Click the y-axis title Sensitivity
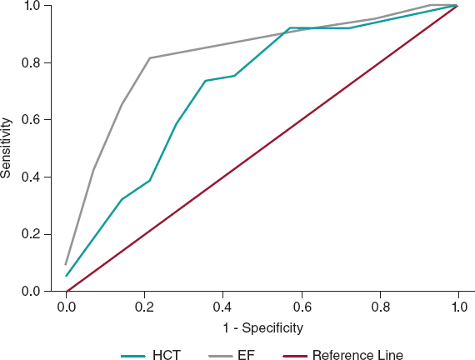click(x=7, y=148)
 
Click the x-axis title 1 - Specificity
click(x=262, y=327)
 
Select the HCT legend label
click(x=167, y=354)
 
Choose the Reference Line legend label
click(x=357, y=354)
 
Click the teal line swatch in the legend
click(x=134, y=355)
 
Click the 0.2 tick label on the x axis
click(x=145, y=307)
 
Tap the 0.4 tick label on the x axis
click(x=223, y=307)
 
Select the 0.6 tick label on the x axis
click(x=301, y=307)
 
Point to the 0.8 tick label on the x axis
click(x=379, y=307)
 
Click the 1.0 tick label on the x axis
click(x=457, y=307)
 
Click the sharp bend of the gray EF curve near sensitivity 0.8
click(x=150, y=58)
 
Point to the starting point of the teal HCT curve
click(x=67, y=276)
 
